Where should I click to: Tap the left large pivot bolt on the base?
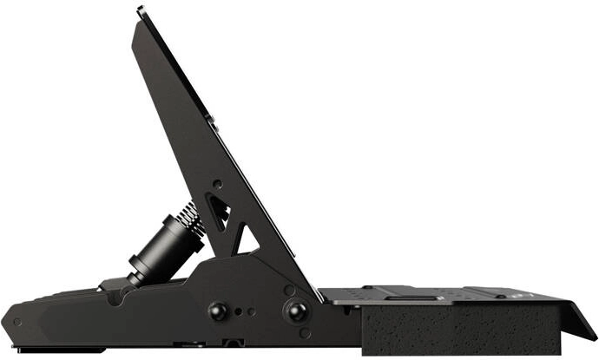tap(217, 311)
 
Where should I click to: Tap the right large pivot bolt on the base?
tap(297, 311)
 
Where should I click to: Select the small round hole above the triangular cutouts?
tap(216, 183)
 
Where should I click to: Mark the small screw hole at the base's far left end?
tap(16, 321)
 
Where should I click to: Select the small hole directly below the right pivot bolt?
tap(305, 332)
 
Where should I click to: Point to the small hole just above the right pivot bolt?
tap(290, 290)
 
